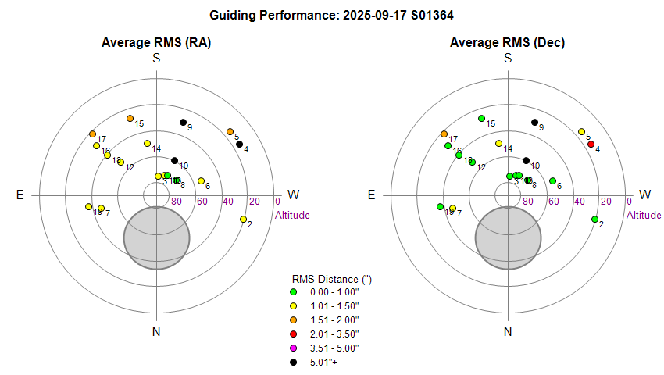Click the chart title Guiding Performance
pos(332,14)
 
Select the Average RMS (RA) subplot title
pos(156,42)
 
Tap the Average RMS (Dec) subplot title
pos(508,42)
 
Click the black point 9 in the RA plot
pos(184,122)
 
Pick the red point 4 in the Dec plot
pos(591,144)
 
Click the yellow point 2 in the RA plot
pos(244,219)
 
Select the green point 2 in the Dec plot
pos(594,219)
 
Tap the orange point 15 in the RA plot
pos(130,118)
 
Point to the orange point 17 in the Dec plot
pos(444,134)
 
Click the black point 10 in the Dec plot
pos(526,161)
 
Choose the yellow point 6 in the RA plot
pos(202,180)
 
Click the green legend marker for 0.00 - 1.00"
pos(293,291)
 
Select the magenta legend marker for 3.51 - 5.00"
pos(293,348)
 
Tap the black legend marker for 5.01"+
pos(293,362)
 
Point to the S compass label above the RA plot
pos(157,58)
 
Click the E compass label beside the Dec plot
pos(371,195)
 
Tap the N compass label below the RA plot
pos(157,331)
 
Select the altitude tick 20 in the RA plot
pos(255,202)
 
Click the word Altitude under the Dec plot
pos(644,215)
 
